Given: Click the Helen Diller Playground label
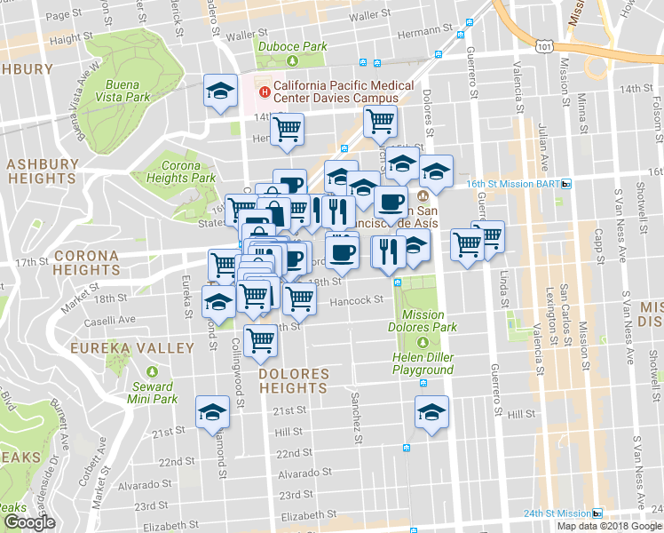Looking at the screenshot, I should click(423, 362).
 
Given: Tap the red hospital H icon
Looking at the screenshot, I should click(264, 91).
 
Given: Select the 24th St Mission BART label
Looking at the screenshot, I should click(556, 513).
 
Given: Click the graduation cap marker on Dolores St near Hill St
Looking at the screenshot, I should click(431, 412).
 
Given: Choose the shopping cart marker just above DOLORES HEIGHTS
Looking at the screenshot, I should click(260, 340).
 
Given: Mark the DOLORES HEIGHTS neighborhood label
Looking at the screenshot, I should click(293, 381).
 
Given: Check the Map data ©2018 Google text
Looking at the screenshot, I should click(608, 525).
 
